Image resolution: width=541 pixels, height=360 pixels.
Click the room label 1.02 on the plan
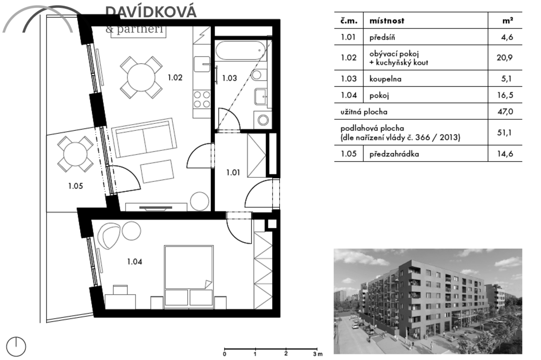[x=175, y=78]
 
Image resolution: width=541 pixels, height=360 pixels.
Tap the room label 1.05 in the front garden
[x=75, y=186]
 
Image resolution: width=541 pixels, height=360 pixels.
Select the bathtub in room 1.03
[x=240, y=51]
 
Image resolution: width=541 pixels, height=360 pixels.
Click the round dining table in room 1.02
[x=141, y=78]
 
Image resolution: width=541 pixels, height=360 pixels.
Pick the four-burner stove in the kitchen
[x=202, y=99]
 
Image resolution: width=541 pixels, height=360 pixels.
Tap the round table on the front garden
[x=75, y=154]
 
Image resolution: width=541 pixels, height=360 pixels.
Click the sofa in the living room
[x=144, y=138]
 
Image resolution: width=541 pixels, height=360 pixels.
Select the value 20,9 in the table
[x=504, y=58]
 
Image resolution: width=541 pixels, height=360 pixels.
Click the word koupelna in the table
[x=385, y=79]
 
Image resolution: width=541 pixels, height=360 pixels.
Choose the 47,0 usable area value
[x=505, y=112]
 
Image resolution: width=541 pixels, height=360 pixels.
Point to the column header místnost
[x=387, y=21]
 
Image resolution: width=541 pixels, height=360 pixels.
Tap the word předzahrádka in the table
[x=394, y=154]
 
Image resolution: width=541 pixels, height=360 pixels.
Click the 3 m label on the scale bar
[x=318, y=354]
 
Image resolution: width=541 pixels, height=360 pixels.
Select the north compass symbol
[x=16, y=346]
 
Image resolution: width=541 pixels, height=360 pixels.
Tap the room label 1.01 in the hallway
[x=233, y=172]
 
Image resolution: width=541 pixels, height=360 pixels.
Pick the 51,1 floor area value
[x=505, y=133]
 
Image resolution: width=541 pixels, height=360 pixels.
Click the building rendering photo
[x=428, y=301]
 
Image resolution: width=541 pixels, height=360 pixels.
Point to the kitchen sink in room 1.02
[x=202, y=64]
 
